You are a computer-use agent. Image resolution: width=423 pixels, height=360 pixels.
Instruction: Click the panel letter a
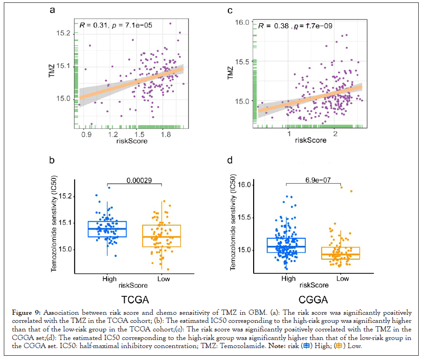53,10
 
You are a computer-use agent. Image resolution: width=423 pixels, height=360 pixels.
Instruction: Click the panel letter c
230,10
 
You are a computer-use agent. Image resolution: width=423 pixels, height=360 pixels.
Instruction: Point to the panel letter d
230,160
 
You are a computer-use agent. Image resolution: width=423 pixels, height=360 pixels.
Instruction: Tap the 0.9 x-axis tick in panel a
87,135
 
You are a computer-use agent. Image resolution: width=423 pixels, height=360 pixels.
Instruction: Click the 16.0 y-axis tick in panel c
243,22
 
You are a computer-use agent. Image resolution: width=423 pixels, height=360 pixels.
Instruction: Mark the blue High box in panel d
286,245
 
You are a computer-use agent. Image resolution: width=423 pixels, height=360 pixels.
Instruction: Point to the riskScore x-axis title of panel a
130,141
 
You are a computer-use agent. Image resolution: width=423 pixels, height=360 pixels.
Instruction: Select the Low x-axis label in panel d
342,278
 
